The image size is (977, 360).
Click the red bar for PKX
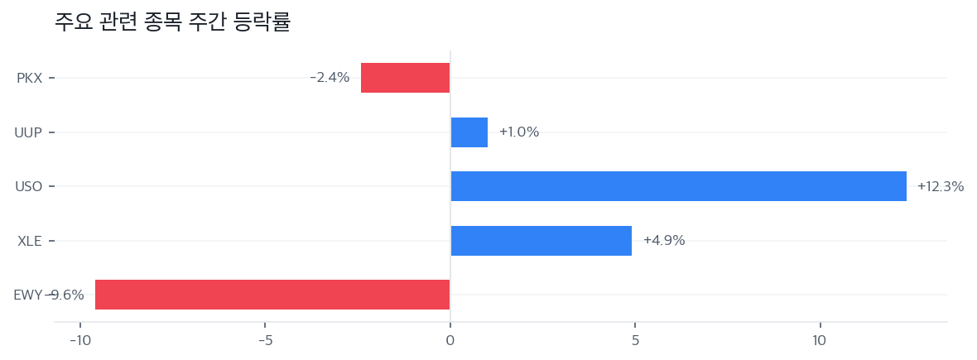point(405,78)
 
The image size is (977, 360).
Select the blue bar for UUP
point(469,132)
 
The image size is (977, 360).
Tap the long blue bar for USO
point(678,186)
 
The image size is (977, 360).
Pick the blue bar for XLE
point(541,241)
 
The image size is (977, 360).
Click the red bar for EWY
point(272,295)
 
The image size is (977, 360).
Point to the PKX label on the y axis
point(29,79)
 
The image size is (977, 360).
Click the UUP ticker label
point(28,132)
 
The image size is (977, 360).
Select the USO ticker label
point(28,187)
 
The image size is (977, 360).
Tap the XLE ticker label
point(29,242)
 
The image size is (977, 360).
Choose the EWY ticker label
point(28,295)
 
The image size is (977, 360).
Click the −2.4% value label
point(330,78)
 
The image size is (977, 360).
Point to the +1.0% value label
point(519,132)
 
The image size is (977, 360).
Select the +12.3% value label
point(941,187)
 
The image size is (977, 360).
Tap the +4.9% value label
point(664,241)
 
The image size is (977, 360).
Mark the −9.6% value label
point(66,295)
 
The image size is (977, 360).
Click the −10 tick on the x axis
point(79,341)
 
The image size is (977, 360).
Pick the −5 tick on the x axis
point(264,341)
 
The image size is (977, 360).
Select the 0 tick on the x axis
point(450,341)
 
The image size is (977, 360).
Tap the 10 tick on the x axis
point(820,341)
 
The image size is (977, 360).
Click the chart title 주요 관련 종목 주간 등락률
point(172,22)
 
